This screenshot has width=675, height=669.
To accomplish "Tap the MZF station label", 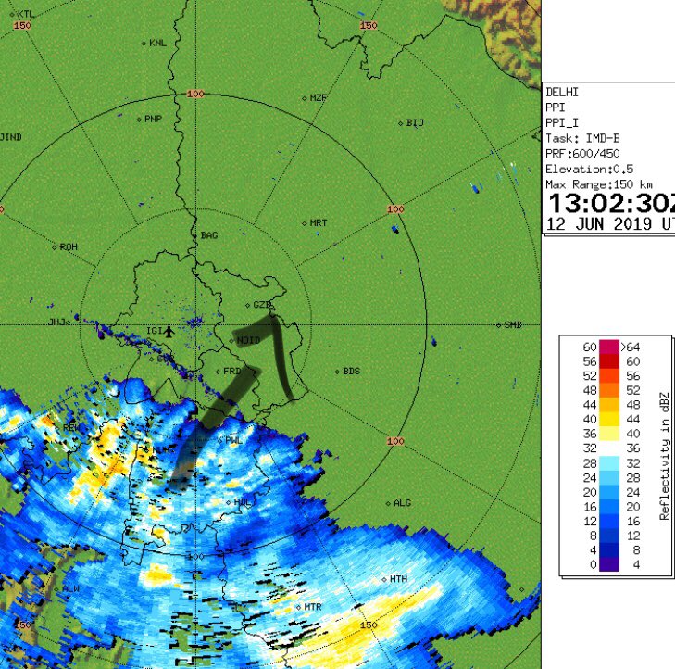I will (x=319, y=97).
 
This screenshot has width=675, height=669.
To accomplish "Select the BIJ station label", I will (x=415, y=122).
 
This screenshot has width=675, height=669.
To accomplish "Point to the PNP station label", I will (x=153, y=119).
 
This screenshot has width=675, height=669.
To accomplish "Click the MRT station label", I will (x=319, y=223).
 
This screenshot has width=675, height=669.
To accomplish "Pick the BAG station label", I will (x=209, y=235).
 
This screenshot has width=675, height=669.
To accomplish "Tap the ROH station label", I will (x=69, y=246).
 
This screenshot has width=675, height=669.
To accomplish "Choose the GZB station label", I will (x=261, y=304).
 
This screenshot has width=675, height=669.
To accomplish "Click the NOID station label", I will (x=247, y=340).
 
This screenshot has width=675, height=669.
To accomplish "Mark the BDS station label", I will (x=351, y=371).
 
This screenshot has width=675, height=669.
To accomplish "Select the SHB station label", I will (x=513, y=325).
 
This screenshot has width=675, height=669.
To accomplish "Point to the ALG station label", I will (x=402, y=503).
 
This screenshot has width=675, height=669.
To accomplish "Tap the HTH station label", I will (x=398, y=579).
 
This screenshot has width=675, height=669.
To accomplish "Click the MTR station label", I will (x=313, y=607).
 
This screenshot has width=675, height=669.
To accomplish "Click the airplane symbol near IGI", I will (x=170, y=331).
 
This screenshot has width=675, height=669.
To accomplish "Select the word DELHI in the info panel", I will (x=562, y=93).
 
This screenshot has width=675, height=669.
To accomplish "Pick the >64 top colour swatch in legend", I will (x=609, y=347).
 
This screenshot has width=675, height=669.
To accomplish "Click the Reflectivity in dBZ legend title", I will (x=664, y=454).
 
